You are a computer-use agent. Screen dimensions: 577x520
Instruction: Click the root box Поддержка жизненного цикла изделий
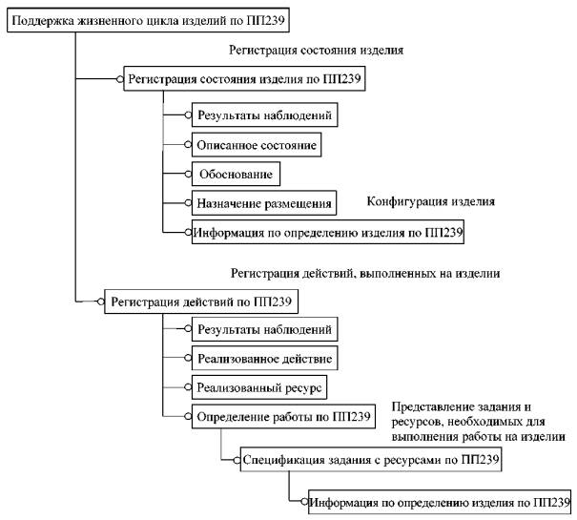tap(148, 20)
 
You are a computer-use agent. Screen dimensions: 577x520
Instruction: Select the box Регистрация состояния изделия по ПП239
tap(244, 78)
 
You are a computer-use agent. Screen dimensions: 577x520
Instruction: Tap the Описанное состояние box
tap(257, 145)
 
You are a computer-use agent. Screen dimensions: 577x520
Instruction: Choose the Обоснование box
tap(236, 174)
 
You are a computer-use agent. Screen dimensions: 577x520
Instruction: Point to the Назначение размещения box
tap(264, 203)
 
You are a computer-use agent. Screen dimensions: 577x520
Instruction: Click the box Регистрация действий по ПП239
tap(201, 302)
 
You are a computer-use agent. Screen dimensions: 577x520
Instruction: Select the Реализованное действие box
tap(264, 358)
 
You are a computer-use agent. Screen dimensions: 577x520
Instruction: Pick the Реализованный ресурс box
tap(259, 387)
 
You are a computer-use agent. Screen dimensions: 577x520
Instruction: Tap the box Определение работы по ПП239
tap(283, 417)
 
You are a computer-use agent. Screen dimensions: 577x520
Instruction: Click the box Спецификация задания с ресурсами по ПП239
tap(371, 460)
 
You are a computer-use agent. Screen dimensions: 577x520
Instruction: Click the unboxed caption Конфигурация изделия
tap(431, 201)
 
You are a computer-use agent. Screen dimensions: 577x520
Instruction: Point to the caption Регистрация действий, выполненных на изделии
tap(365, 273)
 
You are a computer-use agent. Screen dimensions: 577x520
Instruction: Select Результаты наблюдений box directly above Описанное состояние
tap(264, 114)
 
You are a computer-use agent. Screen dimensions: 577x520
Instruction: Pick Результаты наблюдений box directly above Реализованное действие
tap(264, 329)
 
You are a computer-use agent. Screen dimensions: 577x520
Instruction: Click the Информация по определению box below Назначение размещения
tap(328, 232)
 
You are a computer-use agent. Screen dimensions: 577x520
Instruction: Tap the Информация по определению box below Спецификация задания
tap(440, 502)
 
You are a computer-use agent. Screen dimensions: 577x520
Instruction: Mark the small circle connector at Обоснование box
tap(188, 174)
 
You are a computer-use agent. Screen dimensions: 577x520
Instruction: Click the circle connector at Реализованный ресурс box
tap(188, 387)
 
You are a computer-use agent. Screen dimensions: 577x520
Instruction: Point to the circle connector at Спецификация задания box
tap(237, 460)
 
